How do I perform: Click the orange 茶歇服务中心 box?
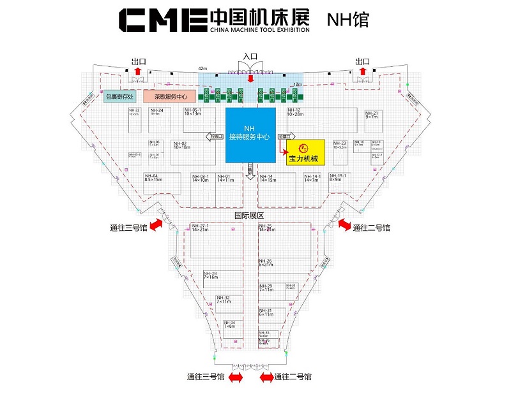pos(169,97)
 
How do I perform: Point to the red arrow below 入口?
pos(250,78)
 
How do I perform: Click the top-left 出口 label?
pos(139,61)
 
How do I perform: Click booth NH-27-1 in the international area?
pos(218,245)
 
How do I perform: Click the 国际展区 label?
pos(250,216)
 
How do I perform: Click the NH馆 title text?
pos(347,19)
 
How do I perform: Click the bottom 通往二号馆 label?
pos(293,377)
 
